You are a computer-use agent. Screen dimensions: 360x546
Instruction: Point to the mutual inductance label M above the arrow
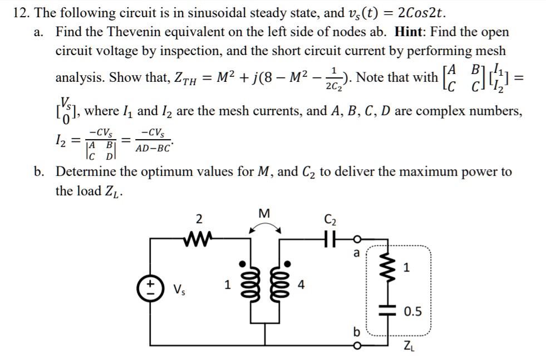coord(264,213)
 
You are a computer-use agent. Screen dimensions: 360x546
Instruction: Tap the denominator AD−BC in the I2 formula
coord(154,148)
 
